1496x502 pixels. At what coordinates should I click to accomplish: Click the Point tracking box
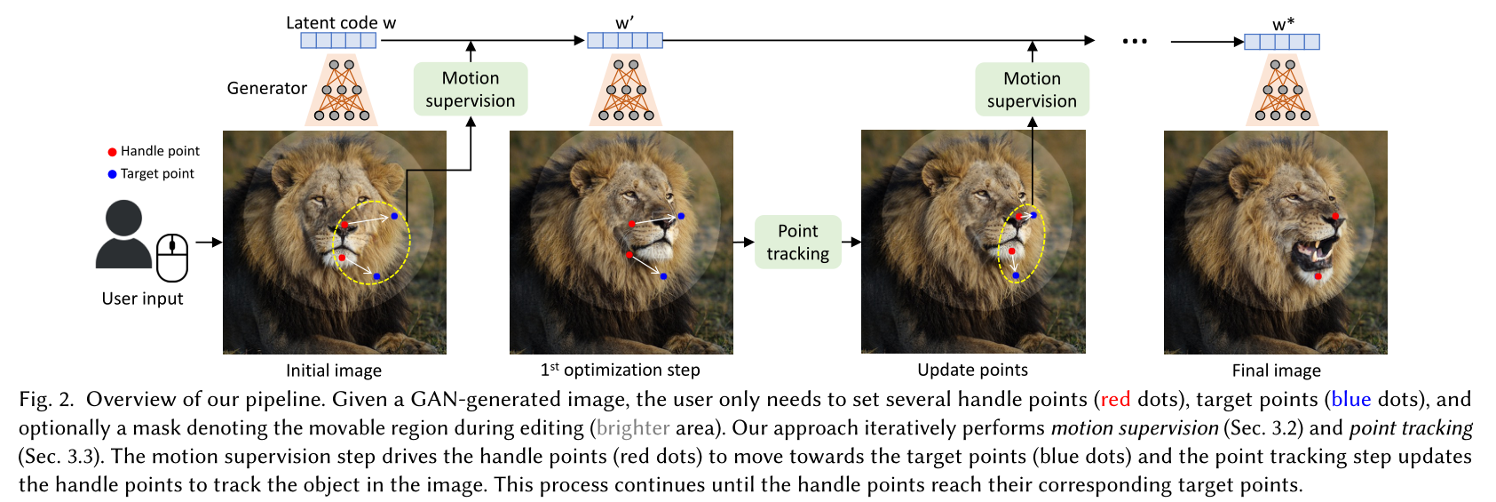[x=797, y=242]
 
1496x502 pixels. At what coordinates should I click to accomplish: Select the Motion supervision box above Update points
[x=1032, y=90]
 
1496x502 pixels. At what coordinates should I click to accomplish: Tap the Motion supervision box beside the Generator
[x=470, y=89]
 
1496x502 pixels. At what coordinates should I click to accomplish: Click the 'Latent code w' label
[x=340, y=23]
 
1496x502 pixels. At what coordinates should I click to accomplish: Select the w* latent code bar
[x=1281, y=42]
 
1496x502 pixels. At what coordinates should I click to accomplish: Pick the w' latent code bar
[x=624, y=40]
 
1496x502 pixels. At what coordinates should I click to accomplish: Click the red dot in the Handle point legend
[x=112, y=152]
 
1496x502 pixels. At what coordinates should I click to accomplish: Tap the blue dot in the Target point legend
[x=112, y=174]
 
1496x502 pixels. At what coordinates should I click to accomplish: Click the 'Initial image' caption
[x=334, y=371]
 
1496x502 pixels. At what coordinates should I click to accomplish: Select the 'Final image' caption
[x=1276, y=371]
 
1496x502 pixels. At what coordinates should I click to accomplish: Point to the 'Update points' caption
[x=972, y=371]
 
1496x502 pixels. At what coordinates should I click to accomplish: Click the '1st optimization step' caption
[x=620, y=371]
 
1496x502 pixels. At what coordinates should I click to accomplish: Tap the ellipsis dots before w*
[x=1134, y=41]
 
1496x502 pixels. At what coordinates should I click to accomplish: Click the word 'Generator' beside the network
[x=266, y=88]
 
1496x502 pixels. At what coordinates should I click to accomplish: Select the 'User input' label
[x=142, y=299]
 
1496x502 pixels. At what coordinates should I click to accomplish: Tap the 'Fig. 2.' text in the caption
[x=46, y=400]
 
